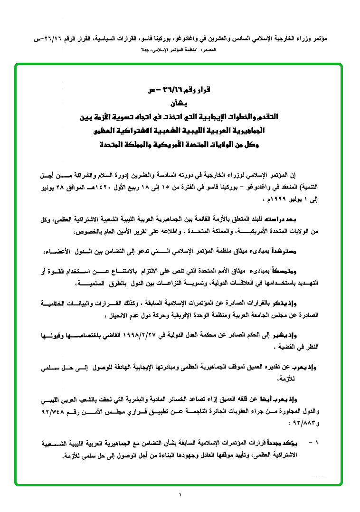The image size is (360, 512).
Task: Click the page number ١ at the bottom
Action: tap(180, 496)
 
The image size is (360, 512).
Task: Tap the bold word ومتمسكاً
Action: tap(303, 272)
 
